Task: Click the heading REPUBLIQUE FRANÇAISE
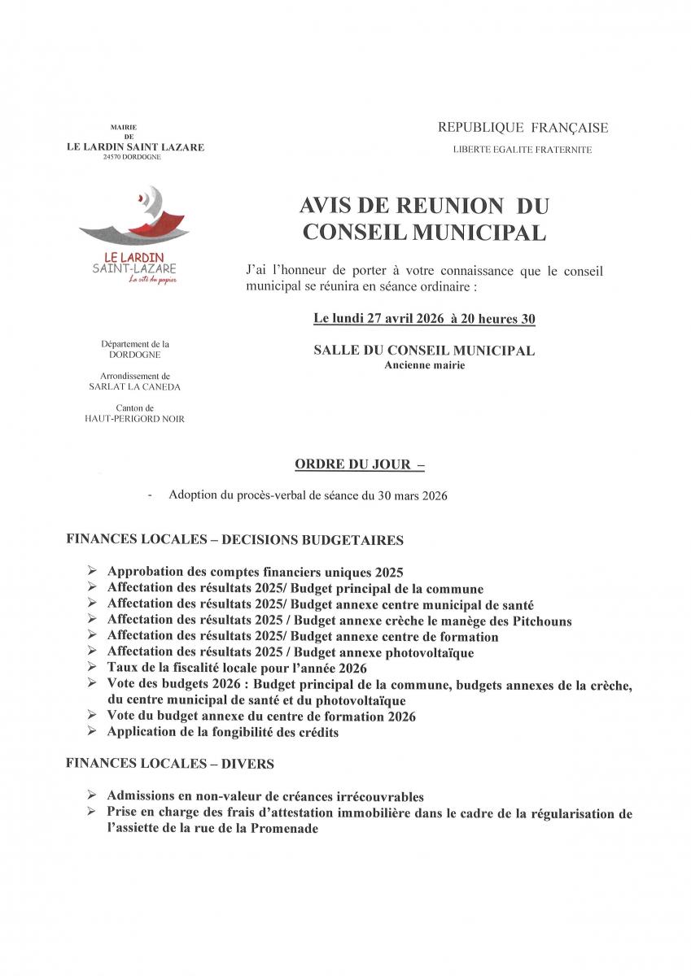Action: pyautogui.click(x=523, y=128)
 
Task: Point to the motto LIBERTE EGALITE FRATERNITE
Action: pyautogui.click(x=523, y=150)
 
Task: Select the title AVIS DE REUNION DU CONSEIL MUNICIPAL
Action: pyautogui.click(x=424, y=220)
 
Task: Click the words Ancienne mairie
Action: pyautogui.click(x=424, y=366)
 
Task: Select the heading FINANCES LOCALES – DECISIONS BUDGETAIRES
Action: pyautogui.click(x=234, y=540)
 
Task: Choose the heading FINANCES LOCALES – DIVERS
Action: pyautogui.click(x=170, y=764)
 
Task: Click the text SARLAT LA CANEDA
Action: pyautogui.click(x=135, y=387)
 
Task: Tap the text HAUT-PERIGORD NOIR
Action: pyautogui.click(x=135, y=419)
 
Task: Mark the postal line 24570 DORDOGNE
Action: pyautogui.click(x=135, y=156)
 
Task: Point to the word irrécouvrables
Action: pyautogui.click(x=374, y=797)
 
